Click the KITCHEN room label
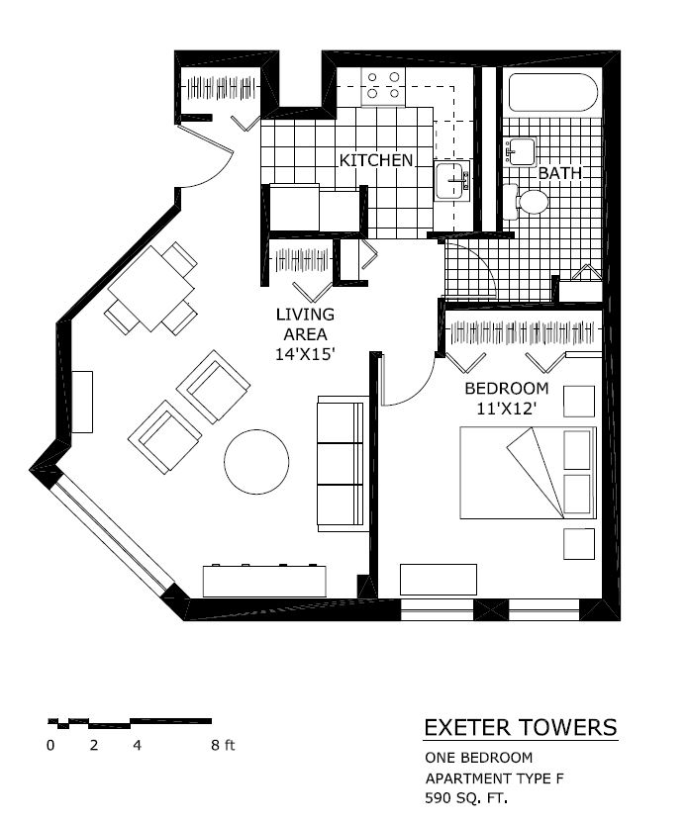[376, 160]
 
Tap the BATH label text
[558, 173]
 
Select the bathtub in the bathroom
[551, 94]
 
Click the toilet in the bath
[530, 203]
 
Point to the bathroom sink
[520, 151]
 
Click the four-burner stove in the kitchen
[383, 86]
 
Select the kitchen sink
[451, 181]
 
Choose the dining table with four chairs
[151, 289]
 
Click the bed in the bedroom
[529, 472]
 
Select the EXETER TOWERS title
[520, 728]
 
